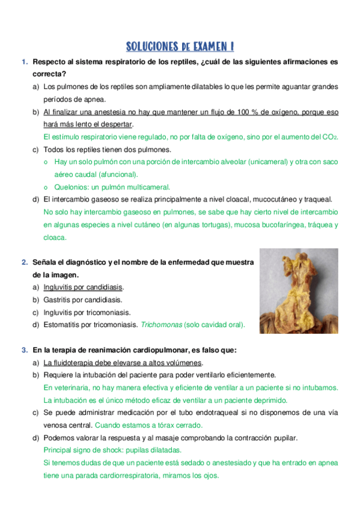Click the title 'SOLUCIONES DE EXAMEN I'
coord(180,47)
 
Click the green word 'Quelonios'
coord(72,186)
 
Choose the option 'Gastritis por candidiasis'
coord(83,300)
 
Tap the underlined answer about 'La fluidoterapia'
coord(123,363)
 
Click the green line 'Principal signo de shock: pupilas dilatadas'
coord(112,450)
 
